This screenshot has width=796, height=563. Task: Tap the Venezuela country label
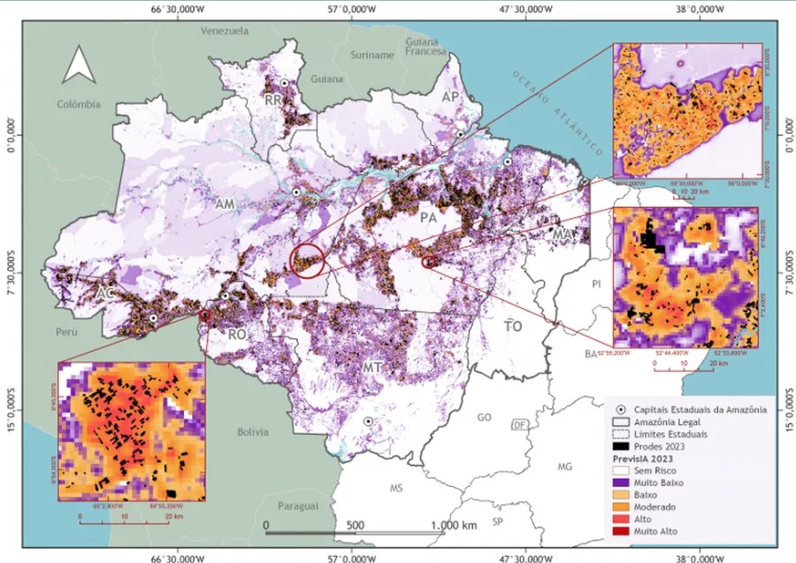[x=225, y=31]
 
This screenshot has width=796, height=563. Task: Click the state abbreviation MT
[x=372, y=366]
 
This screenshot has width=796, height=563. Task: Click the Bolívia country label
[x=252, y=432]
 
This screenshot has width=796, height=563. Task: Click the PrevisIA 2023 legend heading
[x=642, y=459]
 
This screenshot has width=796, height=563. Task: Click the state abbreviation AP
[x=451, y=96]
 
